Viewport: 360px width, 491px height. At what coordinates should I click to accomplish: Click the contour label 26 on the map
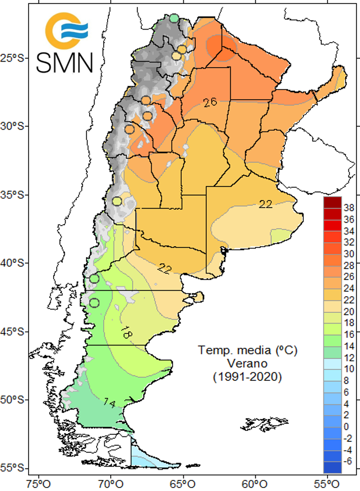210,102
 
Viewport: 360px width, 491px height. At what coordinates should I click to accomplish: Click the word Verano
240,363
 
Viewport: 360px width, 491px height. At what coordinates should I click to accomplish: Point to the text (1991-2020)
240,376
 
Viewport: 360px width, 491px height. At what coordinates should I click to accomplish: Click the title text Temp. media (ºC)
240,350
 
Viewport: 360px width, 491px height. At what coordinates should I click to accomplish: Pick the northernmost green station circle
174,19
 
